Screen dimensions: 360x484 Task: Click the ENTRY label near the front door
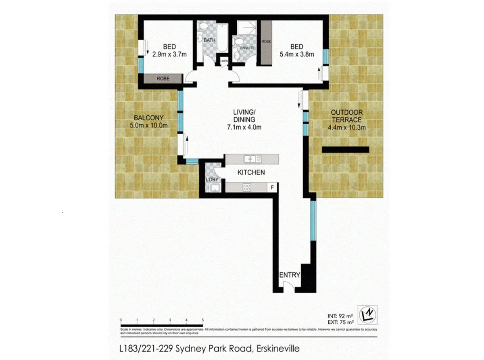point(290,275)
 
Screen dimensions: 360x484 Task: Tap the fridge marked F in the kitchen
point(273,187)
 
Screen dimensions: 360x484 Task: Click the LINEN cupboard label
point(224,61)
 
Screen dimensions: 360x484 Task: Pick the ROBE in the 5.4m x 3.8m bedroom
point(266,42)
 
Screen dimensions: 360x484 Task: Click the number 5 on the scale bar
point(202,320)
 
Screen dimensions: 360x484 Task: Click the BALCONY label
point(149,118)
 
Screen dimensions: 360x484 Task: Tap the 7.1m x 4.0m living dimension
point(244,128)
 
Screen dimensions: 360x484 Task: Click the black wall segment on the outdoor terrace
point(345,149)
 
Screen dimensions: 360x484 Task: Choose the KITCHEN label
point(251,172)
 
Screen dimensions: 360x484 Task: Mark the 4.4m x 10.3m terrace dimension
point(347,128)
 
